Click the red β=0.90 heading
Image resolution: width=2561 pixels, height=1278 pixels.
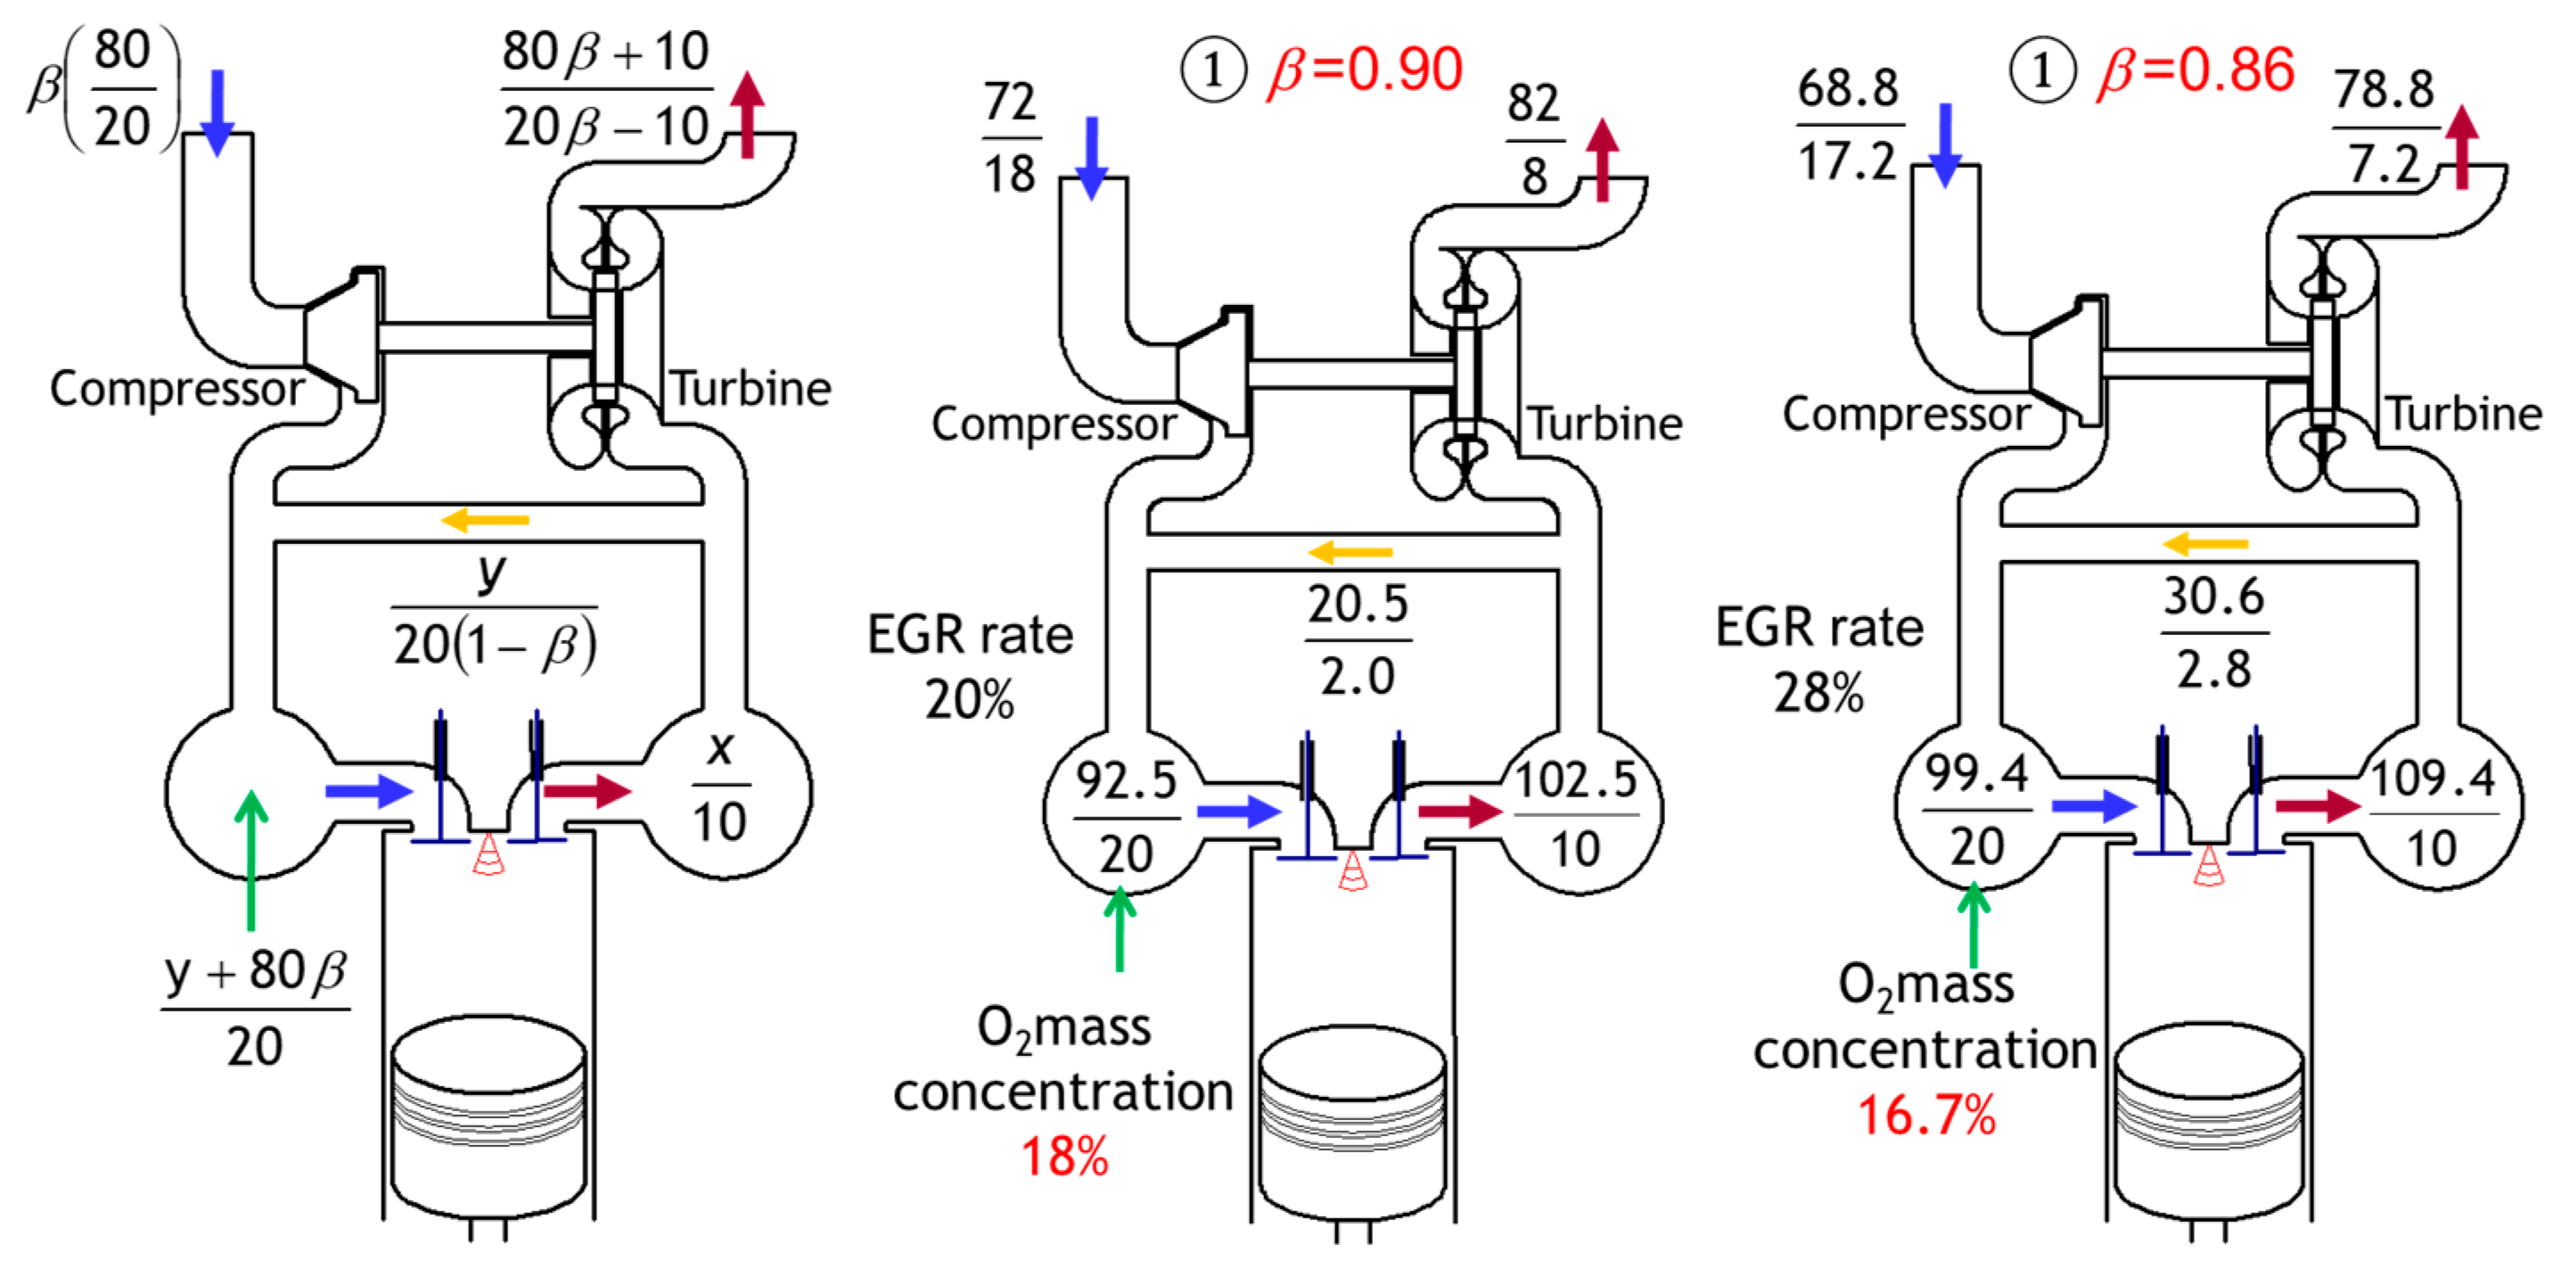[1364, 70]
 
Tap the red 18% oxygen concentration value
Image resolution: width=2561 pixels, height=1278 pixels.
[1063, 1157]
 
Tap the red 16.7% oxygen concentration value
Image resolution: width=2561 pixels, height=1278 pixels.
[1925, 1115]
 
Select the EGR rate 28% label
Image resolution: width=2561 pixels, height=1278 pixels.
[1819, 659]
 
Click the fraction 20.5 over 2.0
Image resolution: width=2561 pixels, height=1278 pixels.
[1357, 639]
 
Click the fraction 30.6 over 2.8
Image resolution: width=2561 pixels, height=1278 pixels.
[2213, 632]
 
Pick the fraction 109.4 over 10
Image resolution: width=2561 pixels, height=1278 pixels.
[2432, 812]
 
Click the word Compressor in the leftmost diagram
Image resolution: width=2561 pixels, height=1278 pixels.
[177, 389]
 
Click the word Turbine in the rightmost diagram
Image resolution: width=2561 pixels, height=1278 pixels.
[2464, 414]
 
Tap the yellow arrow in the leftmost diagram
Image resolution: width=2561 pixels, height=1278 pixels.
[485, 519]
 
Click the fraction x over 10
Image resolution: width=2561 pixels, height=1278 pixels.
[719, 786]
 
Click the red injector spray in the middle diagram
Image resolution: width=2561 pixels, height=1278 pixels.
[1352, 872]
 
